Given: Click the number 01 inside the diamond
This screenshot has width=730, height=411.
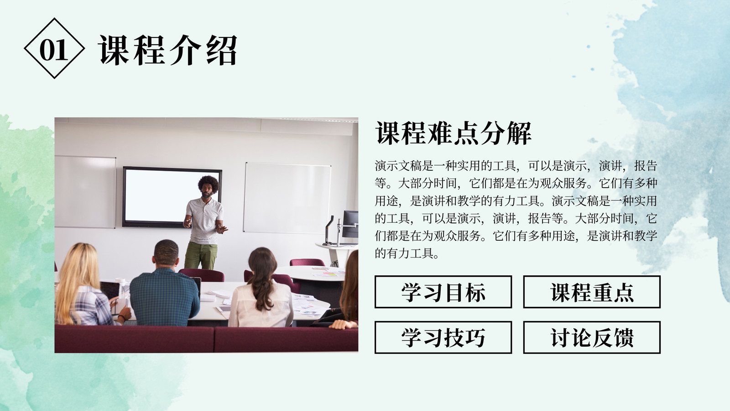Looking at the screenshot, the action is point(54,51).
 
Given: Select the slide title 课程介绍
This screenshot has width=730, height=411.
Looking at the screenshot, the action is point(168,50).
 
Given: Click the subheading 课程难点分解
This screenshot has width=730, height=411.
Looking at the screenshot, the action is point(454,133).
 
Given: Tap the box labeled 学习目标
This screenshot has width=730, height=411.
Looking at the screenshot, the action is point(443,292).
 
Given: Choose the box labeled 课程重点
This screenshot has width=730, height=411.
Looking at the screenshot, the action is point(592,292).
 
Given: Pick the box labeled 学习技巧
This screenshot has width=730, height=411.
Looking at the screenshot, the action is point(443,337).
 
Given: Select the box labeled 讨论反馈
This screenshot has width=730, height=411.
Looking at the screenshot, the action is point(592,337).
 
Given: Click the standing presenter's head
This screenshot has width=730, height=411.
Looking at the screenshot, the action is point(208,187).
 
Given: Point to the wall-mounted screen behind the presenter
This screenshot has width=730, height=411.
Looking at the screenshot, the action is point(172,197).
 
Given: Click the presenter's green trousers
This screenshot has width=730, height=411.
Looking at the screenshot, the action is point(201,256).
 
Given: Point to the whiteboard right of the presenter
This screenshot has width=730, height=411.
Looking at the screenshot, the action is point(287,198).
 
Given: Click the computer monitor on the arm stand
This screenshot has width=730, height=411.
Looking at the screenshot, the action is point(350,224).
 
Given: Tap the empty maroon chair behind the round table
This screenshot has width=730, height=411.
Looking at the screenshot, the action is point(307,262).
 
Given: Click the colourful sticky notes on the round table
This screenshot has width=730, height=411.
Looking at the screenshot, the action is point(330,274).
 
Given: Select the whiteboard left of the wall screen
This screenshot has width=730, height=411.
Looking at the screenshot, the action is point(85,192).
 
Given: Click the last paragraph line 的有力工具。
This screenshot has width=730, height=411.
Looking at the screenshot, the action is point(407,253).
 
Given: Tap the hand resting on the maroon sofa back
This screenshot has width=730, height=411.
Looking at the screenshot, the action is point(343,324).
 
